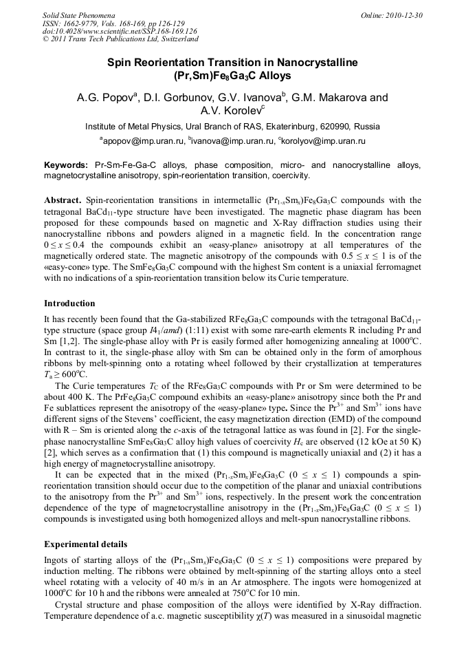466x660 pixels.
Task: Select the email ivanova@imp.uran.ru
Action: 232,140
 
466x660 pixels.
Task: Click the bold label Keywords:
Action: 66,166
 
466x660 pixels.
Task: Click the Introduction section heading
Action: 69,304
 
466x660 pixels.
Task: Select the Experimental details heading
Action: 85,544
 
